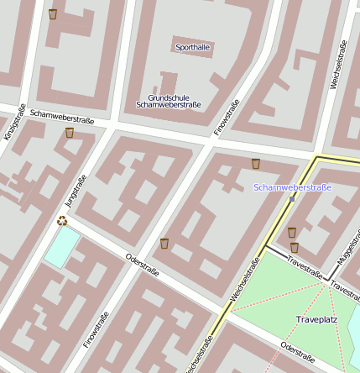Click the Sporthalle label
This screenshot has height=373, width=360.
click(193, 47)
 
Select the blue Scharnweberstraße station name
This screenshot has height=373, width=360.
click(293, 186)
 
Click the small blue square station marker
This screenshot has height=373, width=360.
click(292, 199)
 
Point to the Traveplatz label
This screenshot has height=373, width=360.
click(316, 320)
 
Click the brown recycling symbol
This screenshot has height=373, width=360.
click(62, 221)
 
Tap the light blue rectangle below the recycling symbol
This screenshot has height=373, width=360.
click(62, 248)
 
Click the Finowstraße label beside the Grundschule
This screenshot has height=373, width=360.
click(227, 118)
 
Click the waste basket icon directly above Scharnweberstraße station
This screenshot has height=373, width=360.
click(255, 164)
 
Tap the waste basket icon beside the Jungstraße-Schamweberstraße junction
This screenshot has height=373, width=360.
click(70, 133)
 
